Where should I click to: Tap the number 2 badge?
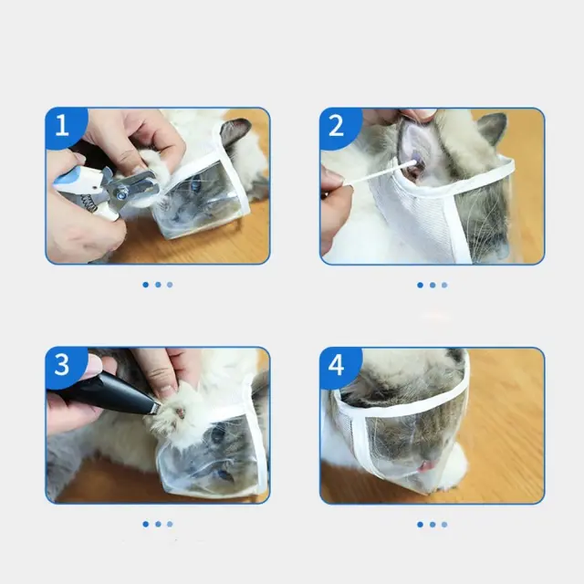point(339,126)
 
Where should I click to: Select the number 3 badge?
point(64,365)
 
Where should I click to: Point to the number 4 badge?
point(339,366)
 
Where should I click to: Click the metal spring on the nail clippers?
point(90,202)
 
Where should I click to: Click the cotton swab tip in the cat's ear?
point(412,163)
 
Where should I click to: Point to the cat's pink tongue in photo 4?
point(427,465)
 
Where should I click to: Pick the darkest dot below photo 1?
point(146,285)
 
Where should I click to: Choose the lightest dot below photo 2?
point(444,285)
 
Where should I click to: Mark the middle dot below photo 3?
point(158,524)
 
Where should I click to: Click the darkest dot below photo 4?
point(420,525)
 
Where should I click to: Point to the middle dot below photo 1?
point(158,285)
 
